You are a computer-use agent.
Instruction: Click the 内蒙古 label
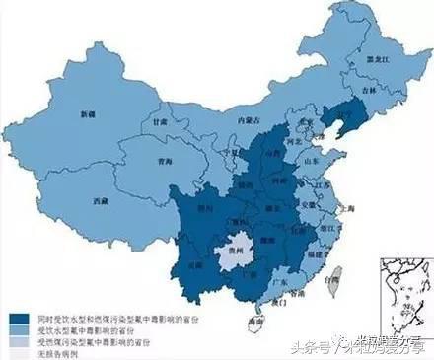click(237, 119)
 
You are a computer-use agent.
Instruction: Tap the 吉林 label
click(367, 88)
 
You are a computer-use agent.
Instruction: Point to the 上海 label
click(346, 209)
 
